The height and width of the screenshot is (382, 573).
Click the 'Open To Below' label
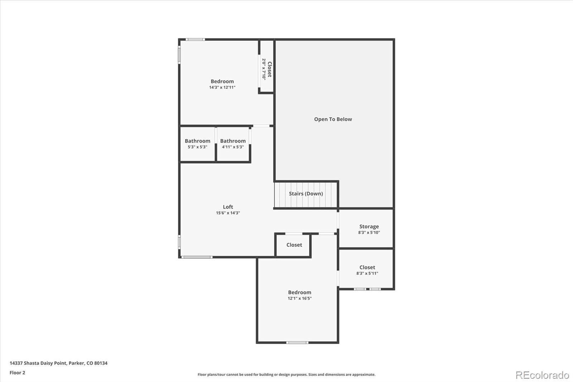click(333, 119)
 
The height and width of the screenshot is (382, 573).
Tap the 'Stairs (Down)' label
click(306, 194)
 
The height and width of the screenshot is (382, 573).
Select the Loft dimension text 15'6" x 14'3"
click(228, 213)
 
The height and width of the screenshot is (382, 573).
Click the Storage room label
click(369, 226)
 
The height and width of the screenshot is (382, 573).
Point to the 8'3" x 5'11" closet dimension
click(367, 273)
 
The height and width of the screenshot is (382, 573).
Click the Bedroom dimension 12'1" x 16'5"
click(299, 299)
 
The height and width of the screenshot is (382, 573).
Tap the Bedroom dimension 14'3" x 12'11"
click(222, 87)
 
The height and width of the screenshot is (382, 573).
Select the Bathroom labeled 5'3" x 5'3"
click(197, 143)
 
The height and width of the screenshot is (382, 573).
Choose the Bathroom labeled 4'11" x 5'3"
click(233, 143)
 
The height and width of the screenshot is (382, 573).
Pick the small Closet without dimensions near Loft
click(294, 245)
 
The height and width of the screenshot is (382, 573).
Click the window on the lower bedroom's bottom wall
click(297, 343)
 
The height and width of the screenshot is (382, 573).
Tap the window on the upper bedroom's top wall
click(195, 39)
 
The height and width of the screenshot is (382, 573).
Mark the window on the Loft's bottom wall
click(196, 257)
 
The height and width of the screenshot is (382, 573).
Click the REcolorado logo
click(542, 375)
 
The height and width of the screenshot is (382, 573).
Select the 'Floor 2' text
click(17, 373)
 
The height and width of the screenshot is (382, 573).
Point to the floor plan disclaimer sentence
click(286, 374)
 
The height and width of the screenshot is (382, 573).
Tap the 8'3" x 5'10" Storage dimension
click(369, 233)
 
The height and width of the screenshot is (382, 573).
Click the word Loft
click(228, 207)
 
